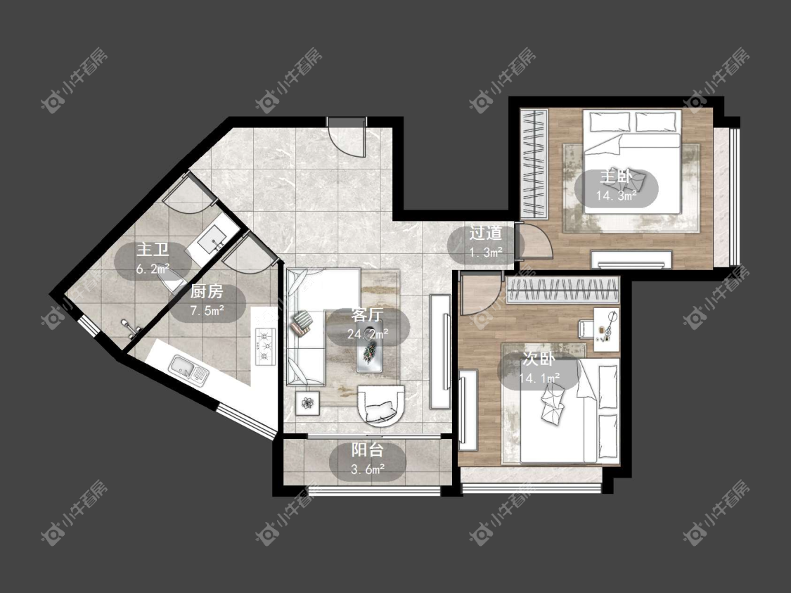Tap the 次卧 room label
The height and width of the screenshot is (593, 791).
539,359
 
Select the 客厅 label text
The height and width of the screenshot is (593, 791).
367,315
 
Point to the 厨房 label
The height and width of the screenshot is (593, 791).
207,291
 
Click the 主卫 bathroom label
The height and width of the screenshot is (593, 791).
153,250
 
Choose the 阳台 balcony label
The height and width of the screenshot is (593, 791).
367,449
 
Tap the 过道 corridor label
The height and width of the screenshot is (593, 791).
486,233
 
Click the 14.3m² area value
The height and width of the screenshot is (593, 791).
616,196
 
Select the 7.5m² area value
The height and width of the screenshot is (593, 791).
207,310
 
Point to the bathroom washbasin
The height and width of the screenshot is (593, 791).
211,241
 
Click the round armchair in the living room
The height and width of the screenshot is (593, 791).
381,404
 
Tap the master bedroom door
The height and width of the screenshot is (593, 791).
536,241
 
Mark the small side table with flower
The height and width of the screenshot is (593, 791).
308,403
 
